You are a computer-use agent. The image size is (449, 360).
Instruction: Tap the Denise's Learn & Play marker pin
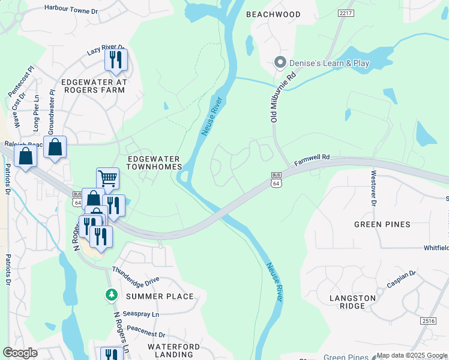tap(279, 62)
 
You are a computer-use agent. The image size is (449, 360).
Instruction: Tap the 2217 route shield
tap(345, 13)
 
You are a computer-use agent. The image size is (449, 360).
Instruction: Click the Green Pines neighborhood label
tap(382, 224)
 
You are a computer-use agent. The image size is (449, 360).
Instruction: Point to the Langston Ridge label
tap(352, 302)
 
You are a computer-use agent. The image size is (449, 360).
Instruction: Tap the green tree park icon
tap(110, 294)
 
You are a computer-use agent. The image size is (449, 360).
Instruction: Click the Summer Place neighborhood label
tap(160, 296)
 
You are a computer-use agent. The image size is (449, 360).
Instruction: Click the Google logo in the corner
tap(20, 353)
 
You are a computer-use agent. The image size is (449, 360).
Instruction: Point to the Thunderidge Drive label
tap(136, 275)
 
